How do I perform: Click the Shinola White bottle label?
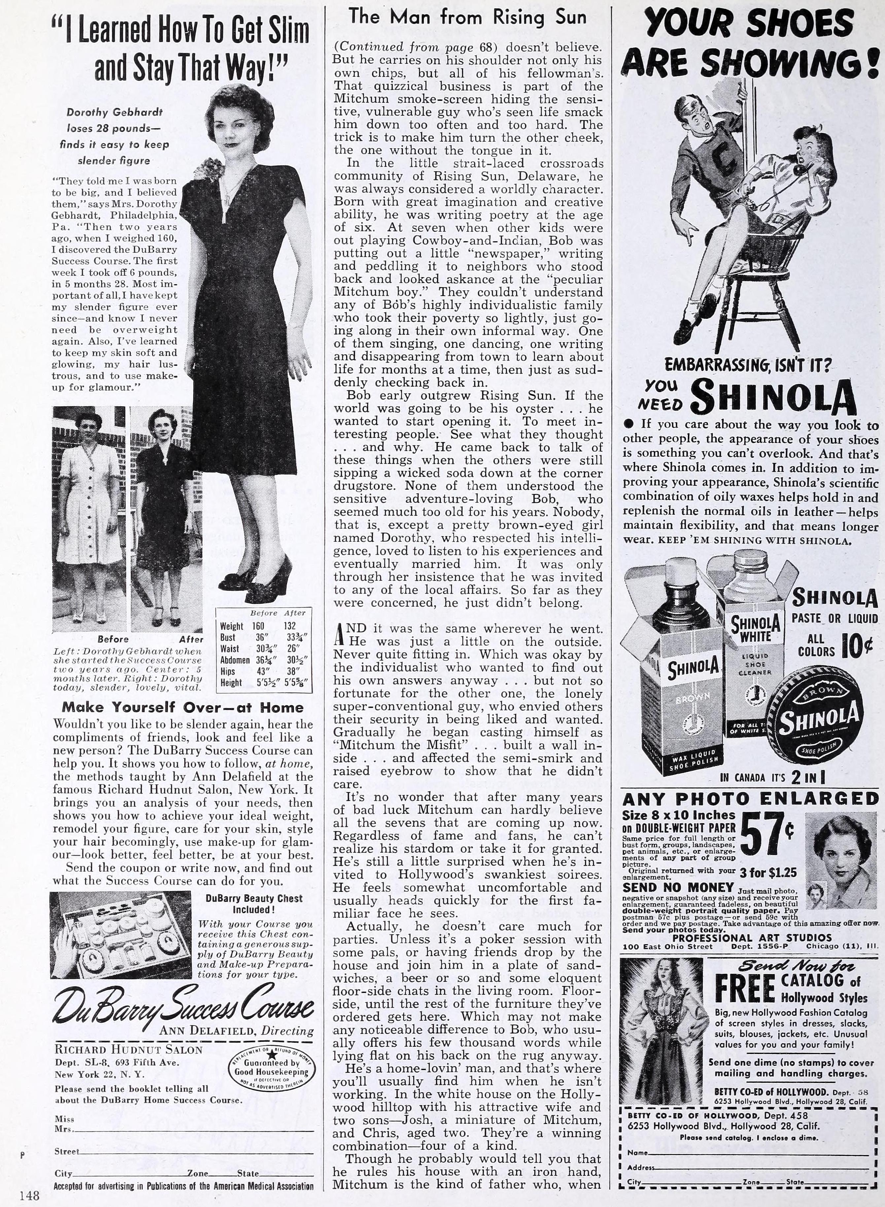pyautogui.click(x=755, y=630)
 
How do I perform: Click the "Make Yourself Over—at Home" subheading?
pyautogui.click(x=182, y=707)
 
